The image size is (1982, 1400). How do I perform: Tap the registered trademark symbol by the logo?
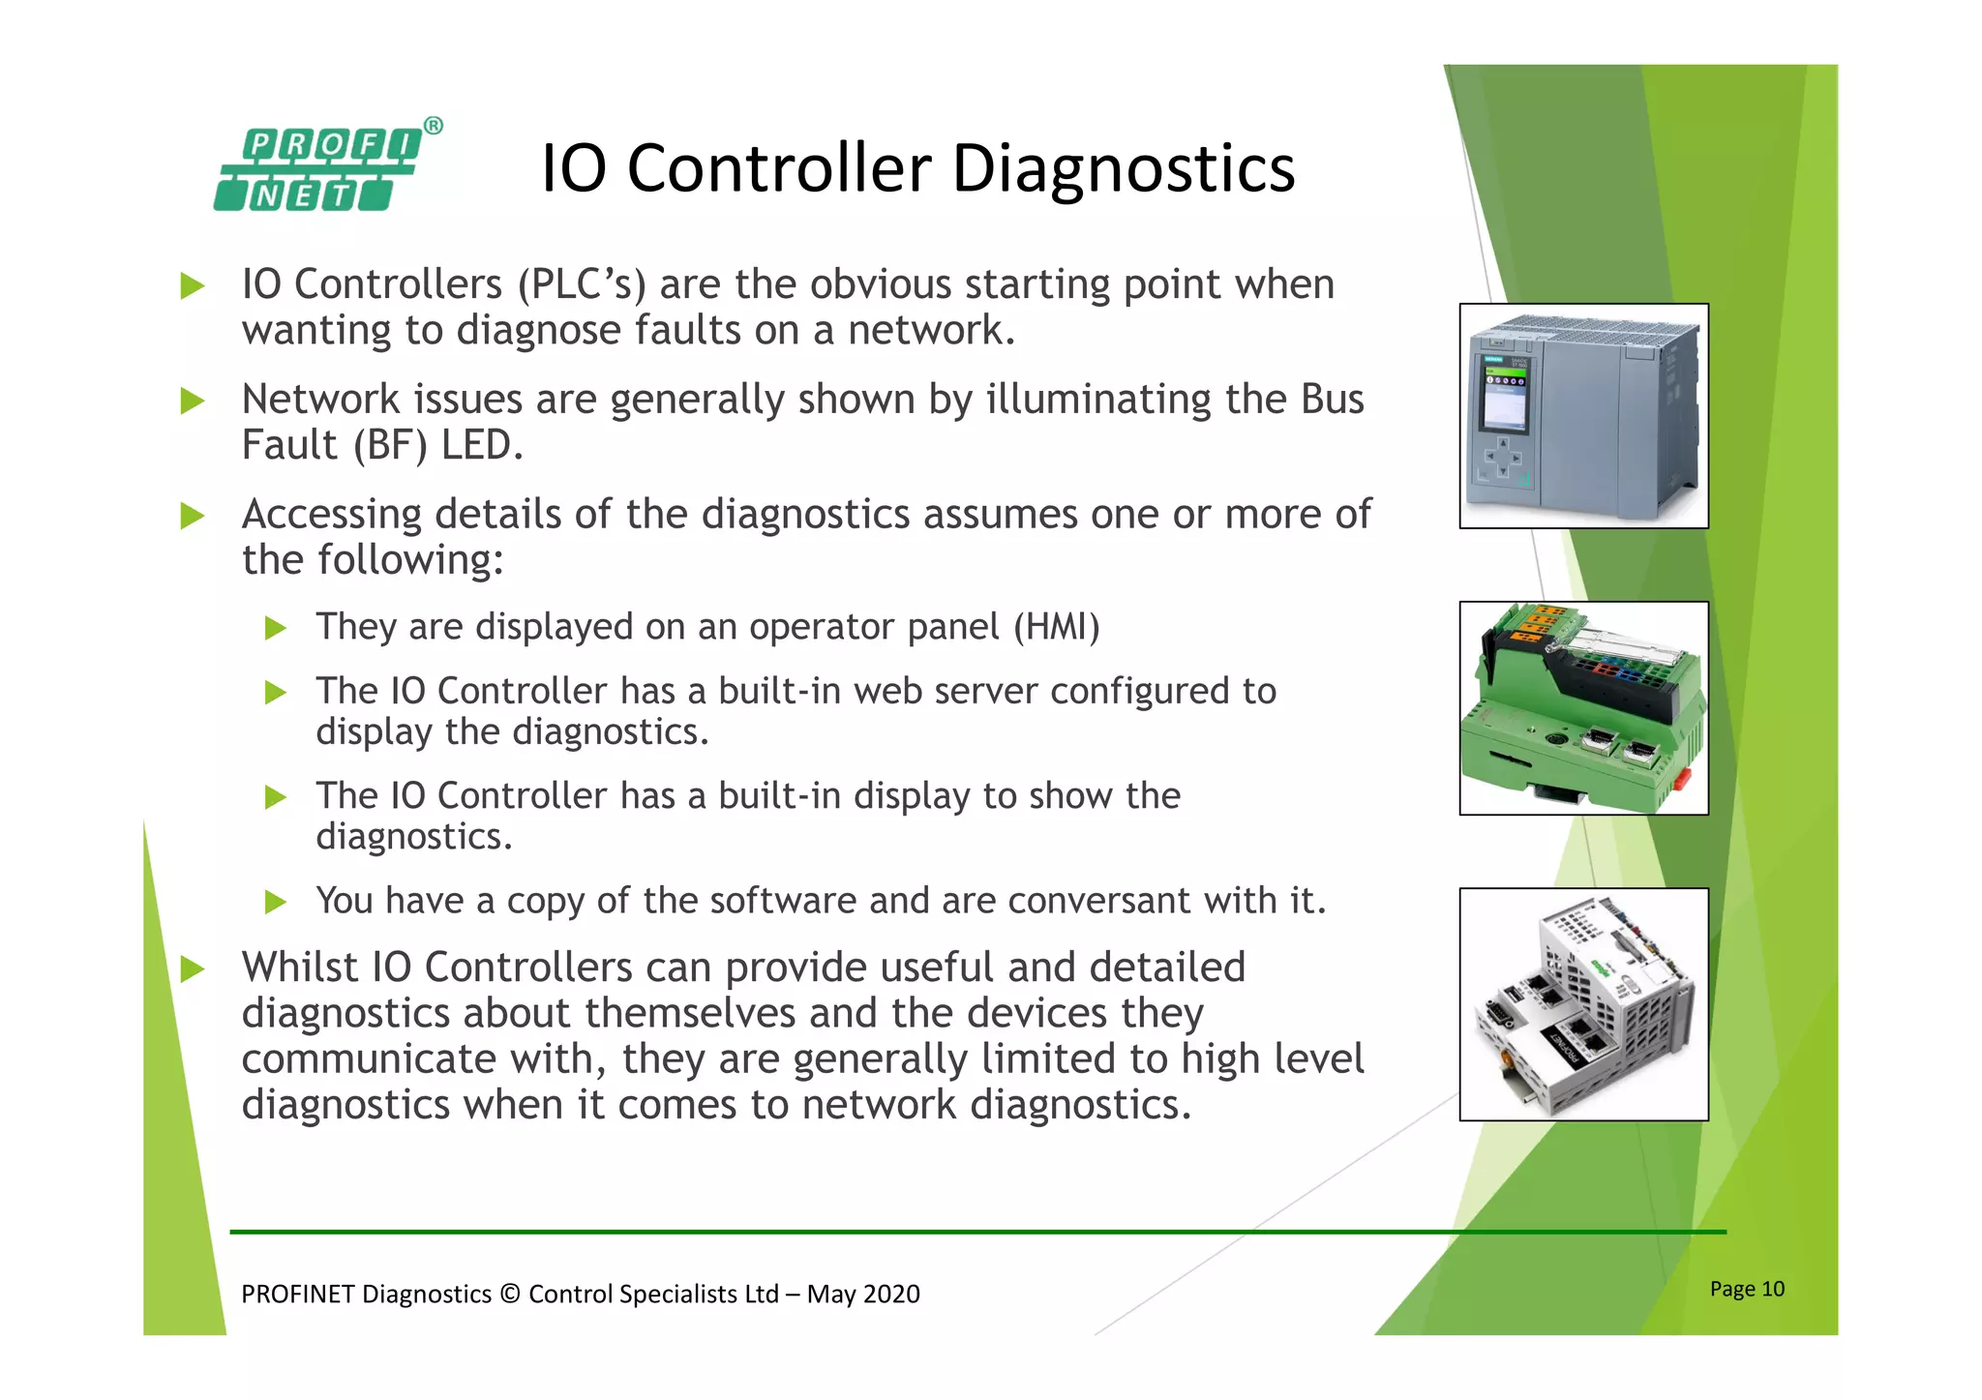click(434, 126)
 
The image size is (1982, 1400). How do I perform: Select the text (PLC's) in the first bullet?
click(581, 284)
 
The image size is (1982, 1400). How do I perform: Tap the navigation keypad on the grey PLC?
click(1503, 458)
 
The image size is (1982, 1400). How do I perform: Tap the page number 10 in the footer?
click(1772, 1289)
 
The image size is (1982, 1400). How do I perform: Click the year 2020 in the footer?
click(891, 1295)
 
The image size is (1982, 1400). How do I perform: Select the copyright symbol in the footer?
click(510, 1295)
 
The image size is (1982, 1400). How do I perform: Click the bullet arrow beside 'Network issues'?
click(193, 401)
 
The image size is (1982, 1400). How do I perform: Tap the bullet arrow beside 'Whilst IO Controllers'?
click(193, 968)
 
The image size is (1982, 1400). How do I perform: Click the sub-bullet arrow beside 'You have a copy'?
click(276, 903)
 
